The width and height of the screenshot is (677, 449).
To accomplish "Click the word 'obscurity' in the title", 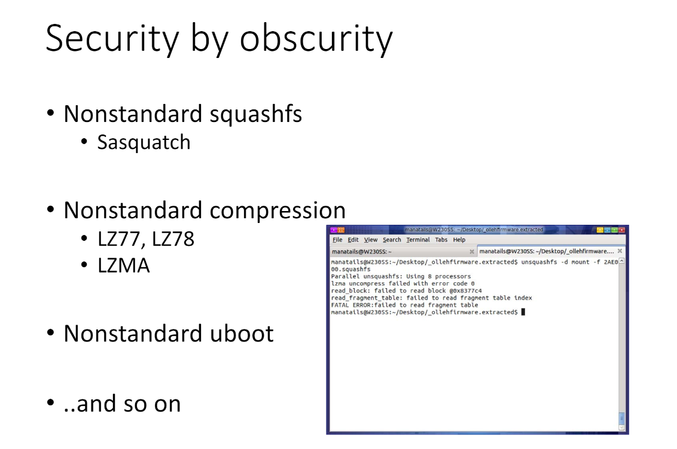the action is (x=316, y=39).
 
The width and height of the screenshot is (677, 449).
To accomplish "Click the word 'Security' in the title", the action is (x=112, y=39).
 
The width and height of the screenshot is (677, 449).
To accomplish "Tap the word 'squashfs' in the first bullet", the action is (x=255, y=114).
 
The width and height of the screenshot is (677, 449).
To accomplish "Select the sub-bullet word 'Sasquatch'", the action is (x=144, y=142).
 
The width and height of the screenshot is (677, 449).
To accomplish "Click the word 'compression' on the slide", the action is (x=277, y=210).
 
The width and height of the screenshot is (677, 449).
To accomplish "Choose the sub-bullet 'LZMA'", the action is (x=123, y=265).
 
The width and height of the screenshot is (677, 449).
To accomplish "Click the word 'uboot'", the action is (x=242, y=333).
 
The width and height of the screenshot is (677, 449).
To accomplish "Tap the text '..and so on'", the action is (x=122, y=404).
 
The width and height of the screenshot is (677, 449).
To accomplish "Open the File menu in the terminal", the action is (x=337, y=240).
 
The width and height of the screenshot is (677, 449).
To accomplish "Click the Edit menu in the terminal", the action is (x=353, y=240).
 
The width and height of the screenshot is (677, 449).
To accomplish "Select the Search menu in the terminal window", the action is (x=392, y=240).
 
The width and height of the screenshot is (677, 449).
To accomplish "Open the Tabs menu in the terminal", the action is (x=441, y=240).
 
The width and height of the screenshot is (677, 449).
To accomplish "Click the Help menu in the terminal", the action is (x=459, y=240).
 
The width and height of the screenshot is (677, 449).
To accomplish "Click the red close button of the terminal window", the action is (x=622, y=230).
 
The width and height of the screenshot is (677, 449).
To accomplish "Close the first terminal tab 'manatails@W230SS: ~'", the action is (x=472, y=251).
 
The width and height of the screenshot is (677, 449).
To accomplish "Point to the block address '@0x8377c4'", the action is (x=465, y=291).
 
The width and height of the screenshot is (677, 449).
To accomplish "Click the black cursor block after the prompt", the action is (x=523, y=312).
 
